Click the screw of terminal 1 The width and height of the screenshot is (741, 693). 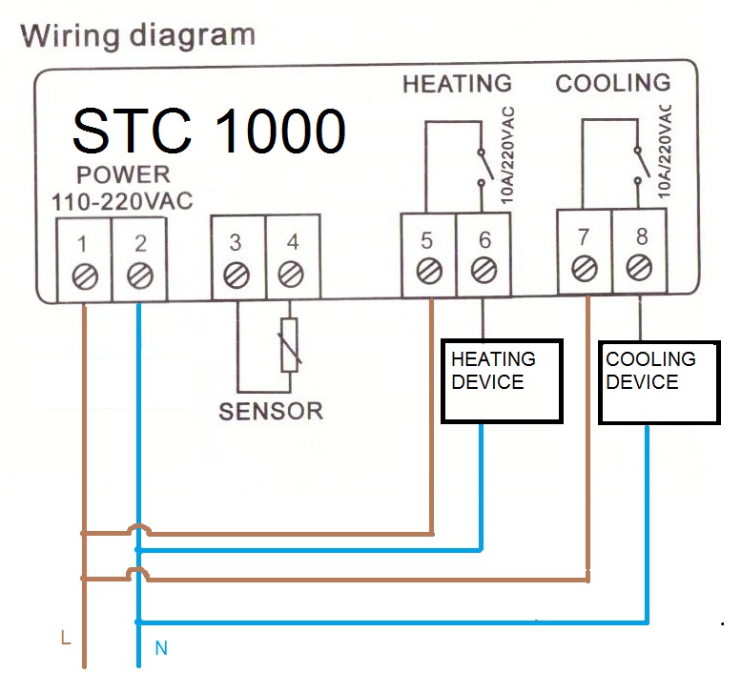pyautogui.click(x=85, y=276)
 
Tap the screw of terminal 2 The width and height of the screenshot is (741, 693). pyautogui.click(x=140, y=275)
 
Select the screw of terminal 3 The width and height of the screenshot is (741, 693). pyautogui.click(x=237, y=275)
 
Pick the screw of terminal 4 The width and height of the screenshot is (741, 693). pyautogui.click(x=291, y=275)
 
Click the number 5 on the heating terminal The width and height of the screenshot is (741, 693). pyautogui.click(x=426, y=241)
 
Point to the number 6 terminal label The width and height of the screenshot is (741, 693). pyautogui.click(x=484, y=240)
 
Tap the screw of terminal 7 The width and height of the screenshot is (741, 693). pyautogui.click(x=585, y=268)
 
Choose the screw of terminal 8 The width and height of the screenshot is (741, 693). pyautogui.click(x=639, y=268)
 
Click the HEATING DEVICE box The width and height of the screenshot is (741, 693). pyautogui.click(x=502, y=380)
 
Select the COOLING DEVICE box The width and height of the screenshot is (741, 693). pyautogui.click(x=659, y=382)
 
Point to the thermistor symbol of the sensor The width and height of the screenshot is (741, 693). pyautogui.click(x=289, y=345)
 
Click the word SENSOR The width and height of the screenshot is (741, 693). pyautogui.click(x=271, y=412)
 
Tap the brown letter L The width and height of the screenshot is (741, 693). pyautogui.click(x=66, y=638)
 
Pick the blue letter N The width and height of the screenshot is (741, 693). pyautogui.click(x=161, y=647)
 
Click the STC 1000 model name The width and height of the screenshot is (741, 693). pyautogui.click(x=209, y=131)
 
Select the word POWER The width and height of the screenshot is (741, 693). pyautogui.click(x=123, y=174)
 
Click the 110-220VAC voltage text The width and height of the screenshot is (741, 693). pyautogui.click(x=122, y=202)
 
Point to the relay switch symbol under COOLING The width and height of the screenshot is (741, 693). pyautogui.click(x=642, y=165)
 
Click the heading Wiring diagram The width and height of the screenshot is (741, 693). pyautogui.click(x=138, y=36)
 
